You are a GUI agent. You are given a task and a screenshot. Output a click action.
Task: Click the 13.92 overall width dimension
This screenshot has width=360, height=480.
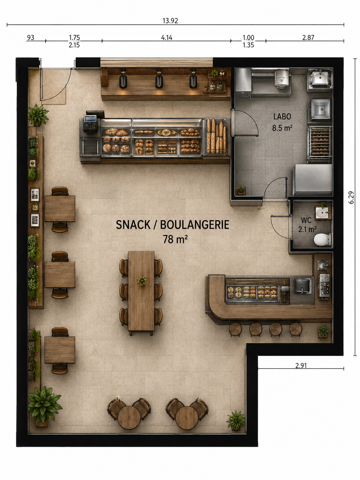click(170, 21)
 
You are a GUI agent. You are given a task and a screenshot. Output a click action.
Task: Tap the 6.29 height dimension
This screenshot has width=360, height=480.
click(351, 198)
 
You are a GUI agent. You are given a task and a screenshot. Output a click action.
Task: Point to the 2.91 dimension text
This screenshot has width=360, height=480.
click(301, 365)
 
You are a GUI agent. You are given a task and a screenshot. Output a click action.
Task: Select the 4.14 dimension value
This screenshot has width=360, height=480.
click(166, 37)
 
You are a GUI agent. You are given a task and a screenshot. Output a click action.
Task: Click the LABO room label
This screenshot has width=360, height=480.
click(282, 117)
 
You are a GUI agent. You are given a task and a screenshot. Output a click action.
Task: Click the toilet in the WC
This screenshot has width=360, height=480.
click(323, 239)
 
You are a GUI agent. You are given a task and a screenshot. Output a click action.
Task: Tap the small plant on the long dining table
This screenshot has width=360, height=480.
click(142, 280)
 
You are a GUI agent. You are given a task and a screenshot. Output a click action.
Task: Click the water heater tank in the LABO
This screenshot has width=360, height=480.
click(282, 79)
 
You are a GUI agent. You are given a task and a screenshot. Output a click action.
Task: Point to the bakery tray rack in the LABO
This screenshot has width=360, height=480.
click(319, 144)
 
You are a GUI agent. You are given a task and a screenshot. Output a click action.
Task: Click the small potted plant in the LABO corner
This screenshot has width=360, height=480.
click(240, 190)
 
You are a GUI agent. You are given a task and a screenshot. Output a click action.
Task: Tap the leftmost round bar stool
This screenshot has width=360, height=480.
click(235, 329)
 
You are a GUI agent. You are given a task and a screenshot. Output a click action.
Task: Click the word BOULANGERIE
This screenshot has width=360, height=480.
click(195, 225)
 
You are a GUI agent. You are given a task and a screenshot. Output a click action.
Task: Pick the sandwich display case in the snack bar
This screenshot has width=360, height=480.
click(252, 292)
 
